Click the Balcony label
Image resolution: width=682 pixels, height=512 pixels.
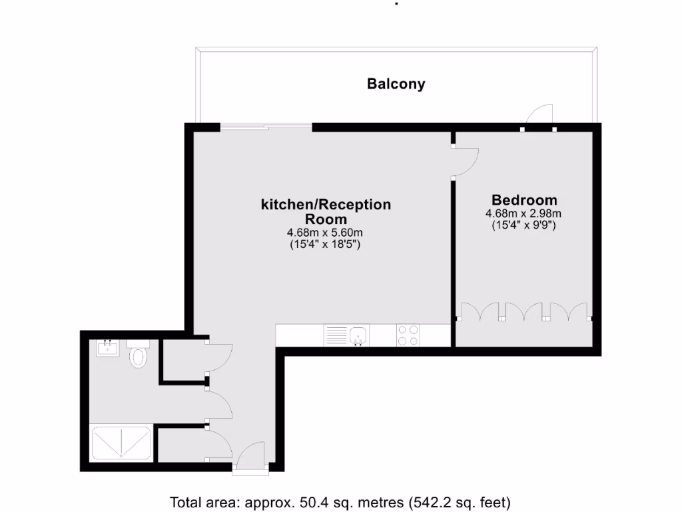click(x=396, y=84)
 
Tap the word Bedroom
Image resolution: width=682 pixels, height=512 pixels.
click(x=524, y=200)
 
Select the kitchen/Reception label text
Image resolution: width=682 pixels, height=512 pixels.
click(x=326, y=205)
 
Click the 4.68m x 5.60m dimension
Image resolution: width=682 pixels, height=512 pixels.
click(x=326, y=233)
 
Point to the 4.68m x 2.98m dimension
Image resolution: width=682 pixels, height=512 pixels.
click(x=524, y=214)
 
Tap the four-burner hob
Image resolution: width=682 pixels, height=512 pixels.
click(x=408, y=335)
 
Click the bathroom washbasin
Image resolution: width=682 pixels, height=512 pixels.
click(x=107, y=347)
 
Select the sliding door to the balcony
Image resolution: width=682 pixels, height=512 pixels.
click(x=266, y=126)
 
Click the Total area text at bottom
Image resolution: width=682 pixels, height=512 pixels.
click(x=340, y=502)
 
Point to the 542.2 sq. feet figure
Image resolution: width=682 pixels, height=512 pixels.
click(x=460, y=502)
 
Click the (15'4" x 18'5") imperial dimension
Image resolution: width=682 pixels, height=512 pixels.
click(x=326, y=244)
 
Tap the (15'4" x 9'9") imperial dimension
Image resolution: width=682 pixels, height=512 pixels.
click(x=524, y=225)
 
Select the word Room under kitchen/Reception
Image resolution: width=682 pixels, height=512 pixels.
click(x=326, y=219)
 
